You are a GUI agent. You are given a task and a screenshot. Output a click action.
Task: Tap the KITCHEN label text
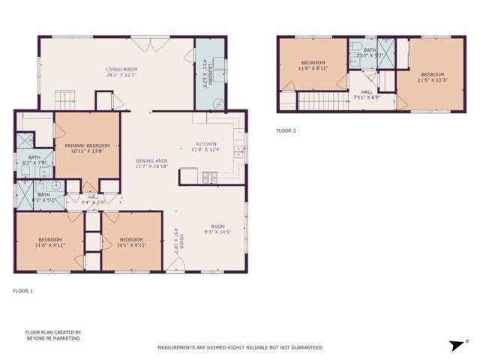tap(206, 144)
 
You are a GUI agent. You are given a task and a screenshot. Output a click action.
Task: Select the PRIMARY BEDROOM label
tap(87, 145)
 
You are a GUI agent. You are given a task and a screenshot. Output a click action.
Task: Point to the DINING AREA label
tap(151, 161)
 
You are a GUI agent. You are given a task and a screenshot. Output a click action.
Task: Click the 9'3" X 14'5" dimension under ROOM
tap(217, 232)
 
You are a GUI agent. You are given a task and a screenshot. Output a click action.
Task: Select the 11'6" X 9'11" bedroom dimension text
tap(50, 244)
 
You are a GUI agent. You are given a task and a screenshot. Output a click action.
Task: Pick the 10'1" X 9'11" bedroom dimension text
tap(131, 244)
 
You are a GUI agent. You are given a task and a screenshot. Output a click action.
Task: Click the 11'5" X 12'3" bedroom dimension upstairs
tap(433, 80)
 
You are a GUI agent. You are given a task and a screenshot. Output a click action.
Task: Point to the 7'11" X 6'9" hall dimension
tap(367, 97)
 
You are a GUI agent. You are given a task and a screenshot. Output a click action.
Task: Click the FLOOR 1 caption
tap(23, 290)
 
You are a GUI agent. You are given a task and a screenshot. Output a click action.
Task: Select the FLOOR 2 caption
tap(286, 130)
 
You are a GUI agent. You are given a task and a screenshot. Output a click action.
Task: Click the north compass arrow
tap(454, 346)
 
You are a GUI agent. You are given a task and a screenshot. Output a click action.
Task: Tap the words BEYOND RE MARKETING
tap(52, 338)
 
